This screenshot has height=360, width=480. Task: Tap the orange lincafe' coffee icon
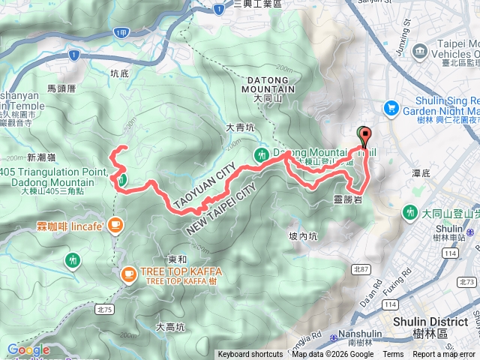click(x=115, y=223)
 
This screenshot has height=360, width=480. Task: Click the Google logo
click(x=28, y=349)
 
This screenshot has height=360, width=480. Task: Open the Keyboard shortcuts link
click(x=250, y=355)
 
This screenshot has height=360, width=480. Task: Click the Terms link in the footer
click(x=393, y=355)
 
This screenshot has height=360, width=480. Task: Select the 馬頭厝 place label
click(x=61, y=88)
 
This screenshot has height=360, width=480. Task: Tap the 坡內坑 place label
click(x=303, y=235)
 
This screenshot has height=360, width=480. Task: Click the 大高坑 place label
click(x=170, y=327)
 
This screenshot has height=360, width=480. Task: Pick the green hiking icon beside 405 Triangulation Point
click(x=121, y=179)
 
